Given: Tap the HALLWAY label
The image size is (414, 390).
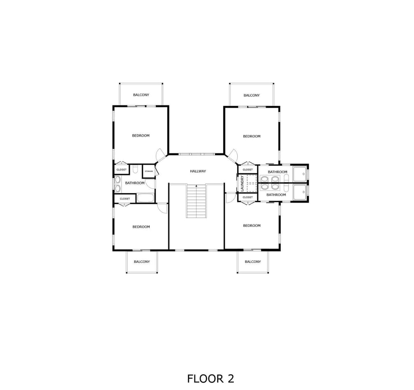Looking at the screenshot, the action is coord(198,171).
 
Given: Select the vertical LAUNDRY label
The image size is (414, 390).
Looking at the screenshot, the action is coord(242,184).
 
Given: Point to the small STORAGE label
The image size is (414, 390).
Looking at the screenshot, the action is coord(149,171).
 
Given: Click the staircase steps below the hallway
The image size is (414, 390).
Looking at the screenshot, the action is coord(196,201).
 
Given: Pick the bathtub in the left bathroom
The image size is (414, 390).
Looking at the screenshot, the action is coord(145,198).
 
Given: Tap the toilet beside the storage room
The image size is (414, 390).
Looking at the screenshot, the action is coord(135,169).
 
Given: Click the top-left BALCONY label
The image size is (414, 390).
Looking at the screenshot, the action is coord(141,95).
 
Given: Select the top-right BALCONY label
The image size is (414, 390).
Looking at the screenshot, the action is coord(251,95).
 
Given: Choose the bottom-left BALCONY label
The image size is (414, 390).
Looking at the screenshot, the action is coord(142,262).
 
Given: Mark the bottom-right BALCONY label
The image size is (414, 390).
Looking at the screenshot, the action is coord(253,262).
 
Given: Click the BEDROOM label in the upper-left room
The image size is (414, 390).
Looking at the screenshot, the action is coord(141,136).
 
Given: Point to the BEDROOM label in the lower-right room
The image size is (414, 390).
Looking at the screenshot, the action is coord(251,226).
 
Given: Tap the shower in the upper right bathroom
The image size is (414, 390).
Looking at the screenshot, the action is coord(300,174).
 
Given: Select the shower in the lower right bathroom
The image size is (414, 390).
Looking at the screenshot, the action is coord(300,192).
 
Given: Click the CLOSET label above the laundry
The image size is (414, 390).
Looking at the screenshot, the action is coord(248,170).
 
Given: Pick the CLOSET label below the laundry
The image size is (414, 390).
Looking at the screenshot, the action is coord(248,197).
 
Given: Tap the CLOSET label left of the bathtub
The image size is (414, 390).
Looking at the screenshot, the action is coord(125,199).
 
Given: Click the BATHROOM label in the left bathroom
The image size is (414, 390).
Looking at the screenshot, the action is coord(135,183).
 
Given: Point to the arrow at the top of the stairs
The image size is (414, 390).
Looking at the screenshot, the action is coord(196,186).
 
